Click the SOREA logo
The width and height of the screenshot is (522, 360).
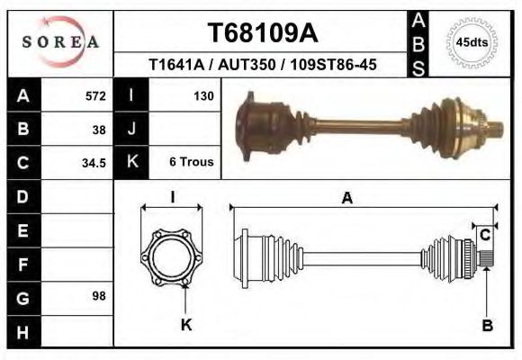[59, 41]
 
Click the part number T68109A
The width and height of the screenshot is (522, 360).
[262, 33]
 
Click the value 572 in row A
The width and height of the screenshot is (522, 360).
[95, 96]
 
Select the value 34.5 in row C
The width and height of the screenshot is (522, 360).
[95, 163]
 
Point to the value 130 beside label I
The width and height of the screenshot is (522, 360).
[202, 96]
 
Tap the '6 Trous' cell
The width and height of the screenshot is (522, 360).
[191, 163]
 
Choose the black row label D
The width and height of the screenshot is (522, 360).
[22, 196]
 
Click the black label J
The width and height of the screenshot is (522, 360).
[131, 130]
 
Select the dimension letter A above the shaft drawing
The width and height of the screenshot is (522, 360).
[346, 200]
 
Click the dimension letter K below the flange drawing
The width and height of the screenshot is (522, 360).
[185, 325]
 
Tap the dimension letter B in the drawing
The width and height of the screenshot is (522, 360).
[487, 326]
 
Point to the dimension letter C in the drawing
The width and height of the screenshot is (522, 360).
[485, 236]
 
